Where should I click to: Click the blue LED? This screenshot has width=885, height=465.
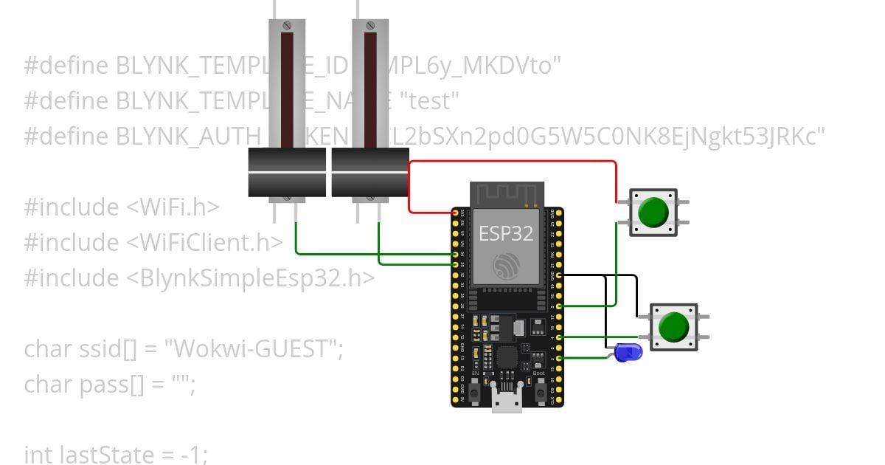click(628, 353)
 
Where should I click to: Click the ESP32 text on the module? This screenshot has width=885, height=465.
click(506, 233)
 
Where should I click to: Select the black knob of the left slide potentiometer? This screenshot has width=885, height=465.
click(286, 173)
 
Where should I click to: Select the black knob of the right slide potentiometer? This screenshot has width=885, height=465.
click(370, 173)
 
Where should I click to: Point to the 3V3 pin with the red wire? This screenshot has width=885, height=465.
click(455, 213)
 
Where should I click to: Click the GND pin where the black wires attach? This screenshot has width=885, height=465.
click(560, 275)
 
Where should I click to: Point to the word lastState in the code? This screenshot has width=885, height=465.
click(92, 455)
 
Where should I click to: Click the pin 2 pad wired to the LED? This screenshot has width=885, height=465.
click(560, 359)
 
